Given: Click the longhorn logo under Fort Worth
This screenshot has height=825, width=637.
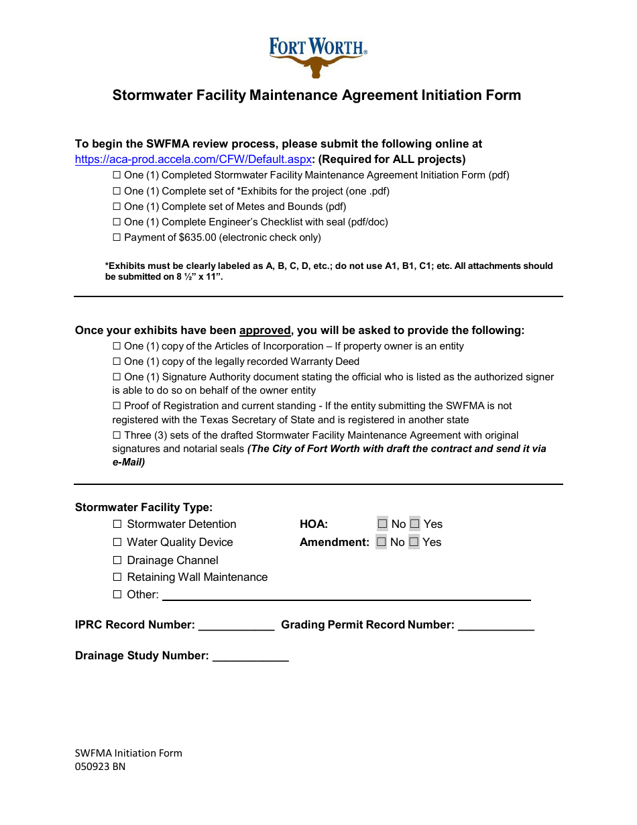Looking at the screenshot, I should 316,66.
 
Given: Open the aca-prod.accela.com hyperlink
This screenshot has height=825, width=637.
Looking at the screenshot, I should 193,160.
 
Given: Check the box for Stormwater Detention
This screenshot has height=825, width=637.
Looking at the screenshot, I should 117,524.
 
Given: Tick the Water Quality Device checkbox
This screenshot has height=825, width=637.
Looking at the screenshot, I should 117,542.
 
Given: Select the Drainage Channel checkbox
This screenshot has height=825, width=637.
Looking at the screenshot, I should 117,560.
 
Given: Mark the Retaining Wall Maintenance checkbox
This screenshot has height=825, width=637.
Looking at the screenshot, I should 117,577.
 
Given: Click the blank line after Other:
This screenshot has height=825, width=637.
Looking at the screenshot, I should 346,595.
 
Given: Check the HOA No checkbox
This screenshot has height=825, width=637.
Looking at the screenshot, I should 382,524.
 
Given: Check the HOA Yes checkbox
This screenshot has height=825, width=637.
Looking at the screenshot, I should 414,524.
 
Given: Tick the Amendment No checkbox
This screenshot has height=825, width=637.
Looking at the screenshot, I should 382,542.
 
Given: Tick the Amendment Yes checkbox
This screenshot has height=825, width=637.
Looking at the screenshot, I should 414,542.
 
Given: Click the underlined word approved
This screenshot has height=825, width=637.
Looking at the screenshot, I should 265,331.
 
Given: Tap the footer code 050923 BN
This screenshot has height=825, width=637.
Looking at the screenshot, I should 100,767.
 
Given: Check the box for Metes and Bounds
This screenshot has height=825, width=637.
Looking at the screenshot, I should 117,207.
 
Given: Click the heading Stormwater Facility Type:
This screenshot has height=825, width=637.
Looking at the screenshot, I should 143,508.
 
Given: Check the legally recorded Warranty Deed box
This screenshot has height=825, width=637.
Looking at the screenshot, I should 117,362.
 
